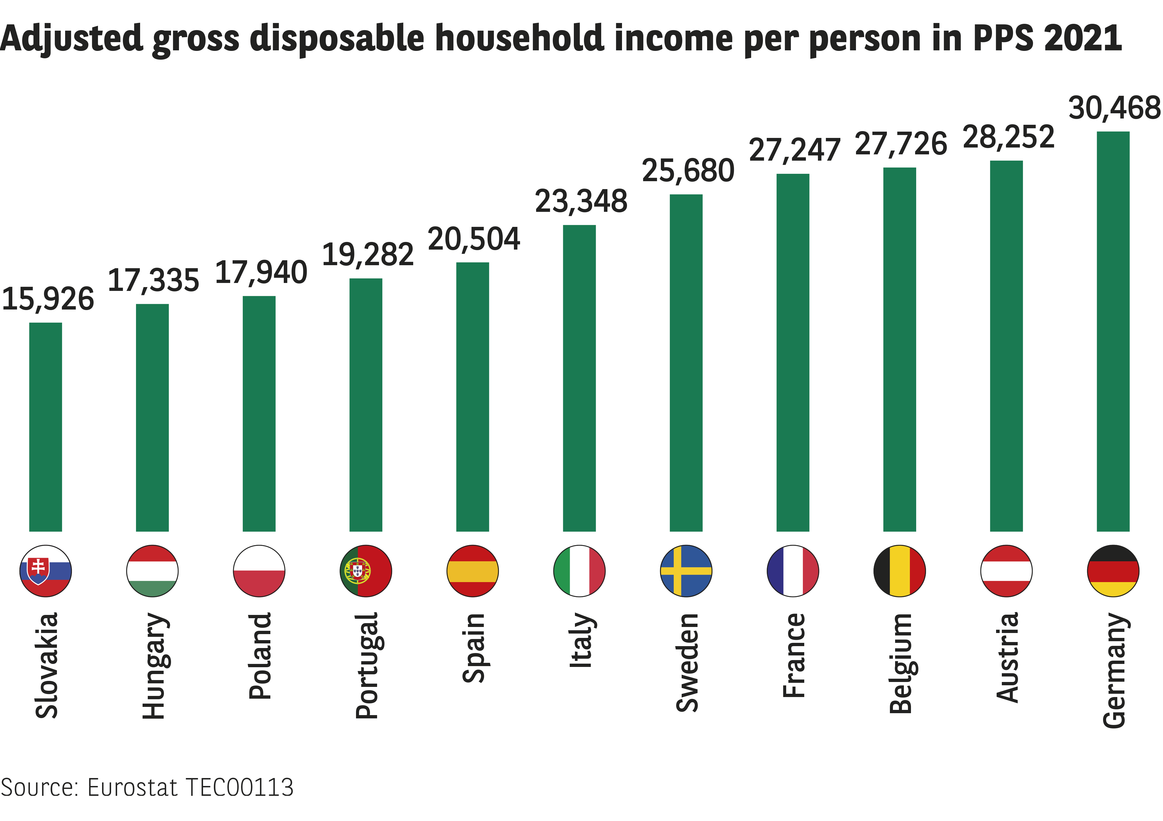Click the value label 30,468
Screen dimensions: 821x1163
(x=1114, y=108)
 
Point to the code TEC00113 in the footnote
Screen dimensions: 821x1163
(x=240, y=788)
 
